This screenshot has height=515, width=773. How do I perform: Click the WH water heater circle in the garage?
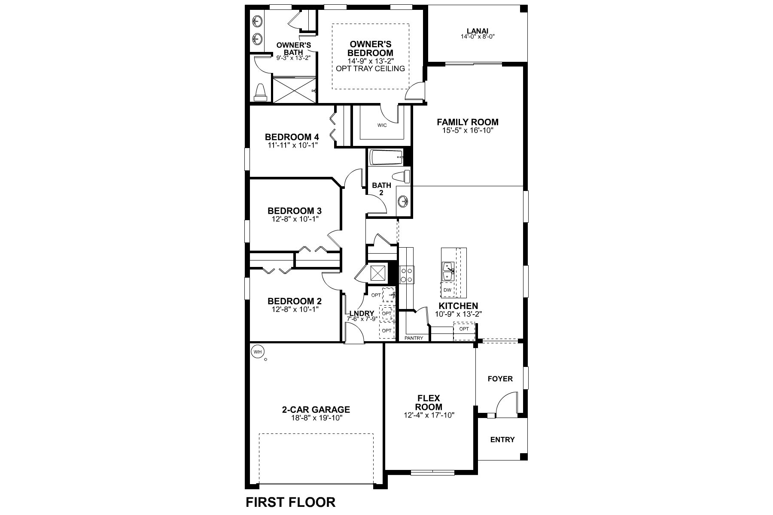tap(257, 352)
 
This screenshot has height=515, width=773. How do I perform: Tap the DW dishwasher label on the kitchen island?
tap(447, 290)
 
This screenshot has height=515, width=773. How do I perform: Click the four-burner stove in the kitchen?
tap(407, 275)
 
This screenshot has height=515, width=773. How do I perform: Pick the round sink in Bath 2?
tap(403, 200)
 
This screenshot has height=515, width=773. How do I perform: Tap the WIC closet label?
tap(382, 125)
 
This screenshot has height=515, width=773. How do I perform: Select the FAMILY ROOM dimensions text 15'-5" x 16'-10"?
tap(468, 130)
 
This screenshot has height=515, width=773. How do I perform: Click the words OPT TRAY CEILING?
tap(370, 69)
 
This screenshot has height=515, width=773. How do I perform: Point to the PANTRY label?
tap(414, 338)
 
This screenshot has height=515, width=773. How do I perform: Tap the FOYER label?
tap(500, 379)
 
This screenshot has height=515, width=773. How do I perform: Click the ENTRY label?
tap(502, 439)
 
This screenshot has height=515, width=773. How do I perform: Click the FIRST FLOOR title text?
tap(290, 502)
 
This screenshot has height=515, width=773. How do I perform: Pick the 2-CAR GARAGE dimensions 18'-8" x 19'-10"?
tap(316, 418)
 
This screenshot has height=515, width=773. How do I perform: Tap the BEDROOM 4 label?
tap(292, 137)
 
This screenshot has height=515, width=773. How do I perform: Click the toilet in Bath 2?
tap(401, 177)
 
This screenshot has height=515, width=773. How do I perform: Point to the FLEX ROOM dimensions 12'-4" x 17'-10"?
tap(429, 415)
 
